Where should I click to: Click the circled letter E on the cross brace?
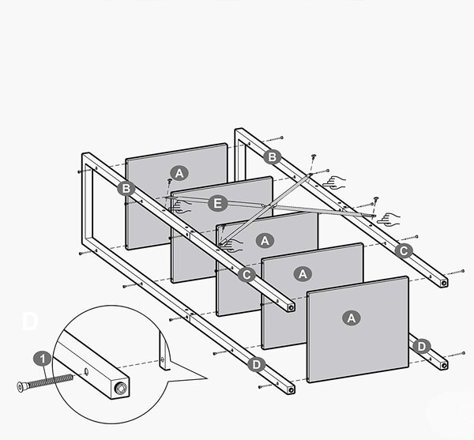tap(218, 203)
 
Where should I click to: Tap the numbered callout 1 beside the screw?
tap(43, 359)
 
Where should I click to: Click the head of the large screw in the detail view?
tap(21, 387)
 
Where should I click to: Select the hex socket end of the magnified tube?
tap(122, 388)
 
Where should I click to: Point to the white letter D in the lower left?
tap(30, 322)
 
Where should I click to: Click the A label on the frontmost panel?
tap(351, 318)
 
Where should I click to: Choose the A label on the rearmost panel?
tap(179, 174)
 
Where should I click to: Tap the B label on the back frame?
tap(272, 157)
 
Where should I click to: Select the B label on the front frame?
tap(126, 189)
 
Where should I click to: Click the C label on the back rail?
tap(404, 251)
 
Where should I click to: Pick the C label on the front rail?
tap(246, 275)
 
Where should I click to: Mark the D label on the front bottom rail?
tap(256, 365)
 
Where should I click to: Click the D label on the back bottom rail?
tap(421, 347)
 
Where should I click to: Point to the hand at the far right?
tap(389, 220)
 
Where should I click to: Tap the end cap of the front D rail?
tap(291, 389)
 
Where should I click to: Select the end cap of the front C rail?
tap(291, 307)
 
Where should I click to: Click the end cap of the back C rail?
tap(444, 283)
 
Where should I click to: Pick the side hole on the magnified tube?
tap(86, 370)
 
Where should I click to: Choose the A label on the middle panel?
tap(265, 241)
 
